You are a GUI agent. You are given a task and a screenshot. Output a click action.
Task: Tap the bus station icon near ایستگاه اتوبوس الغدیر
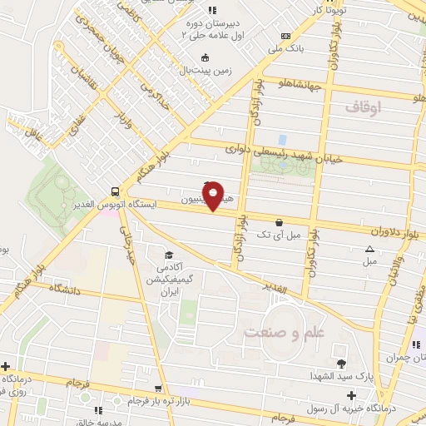tap(115, 191)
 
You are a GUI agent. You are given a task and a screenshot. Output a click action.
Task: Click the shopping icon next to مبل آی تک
tap(278, 223)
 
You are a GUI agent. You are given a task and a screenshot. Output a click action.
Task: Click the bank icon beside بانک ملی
tap(286, 36)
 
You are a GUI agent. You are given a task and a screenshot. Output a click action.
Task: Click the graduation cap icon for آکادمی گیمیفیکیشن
tap(170, 255)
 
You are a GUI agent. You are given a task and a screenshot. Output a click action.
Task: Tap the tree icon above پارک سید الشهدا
tap(340, 363)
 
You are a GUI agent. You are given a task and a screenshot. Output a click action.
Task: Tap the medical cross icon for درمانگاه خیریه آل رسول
tap(351, 395)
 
